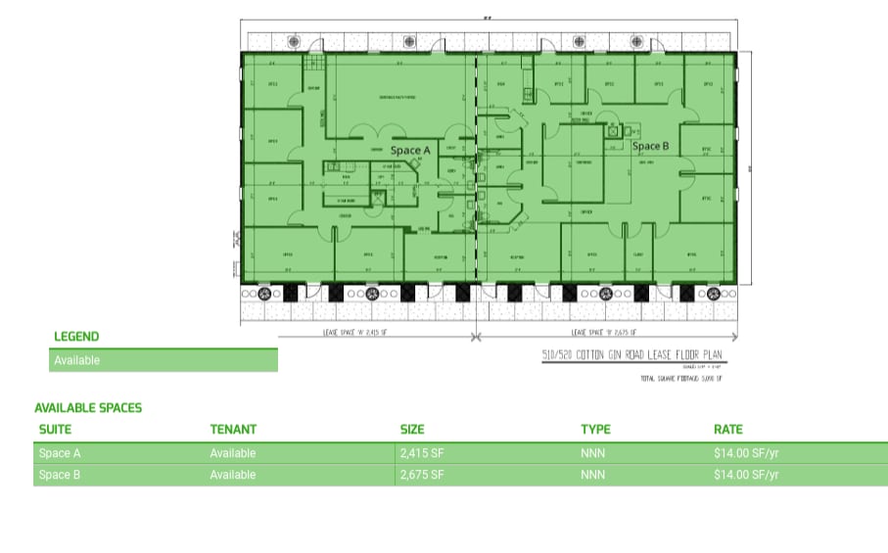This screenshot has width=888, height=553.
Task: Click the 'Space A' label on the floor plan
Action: pos(410,151)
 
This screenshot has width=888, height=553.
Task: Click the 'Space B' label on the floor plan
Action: pos(650,147)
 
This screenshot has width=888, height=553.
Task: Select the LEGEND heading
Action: pos(76,337)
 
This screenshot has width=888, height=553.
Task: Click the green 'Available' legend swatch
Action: pos(163,360)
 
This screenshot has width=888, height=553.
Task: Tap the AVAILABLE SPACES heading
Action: pos(88,408)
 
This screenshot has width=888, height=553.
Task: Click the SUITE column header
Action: pos(55,429)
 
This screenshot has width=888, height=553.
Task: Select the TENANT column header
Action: pos(233,429)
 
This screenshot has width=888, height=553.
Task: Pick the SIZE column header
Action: pos(413,429)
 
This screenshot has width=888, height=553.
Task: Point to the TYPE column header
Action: pos(595,429)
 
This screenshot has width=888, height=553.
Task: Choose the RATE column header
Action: pos(728,429)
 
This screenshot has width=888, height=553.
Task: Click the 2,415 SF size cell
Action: pos(422,453)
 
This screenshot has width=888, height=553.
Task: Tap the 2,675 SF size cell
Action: pos(422,475)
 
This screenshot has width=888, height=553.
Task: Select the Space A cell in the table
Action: pos(60,453)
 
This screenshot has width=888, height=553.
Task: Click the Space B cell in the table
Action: pos(60,475)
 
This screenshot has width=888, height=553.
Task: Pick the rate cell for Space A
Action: pos(746,453)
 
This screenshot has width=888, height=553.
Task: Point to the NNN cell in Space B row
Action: pos(592,475)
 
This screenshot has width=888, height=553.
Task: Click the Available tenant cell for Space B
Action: pos(233,475)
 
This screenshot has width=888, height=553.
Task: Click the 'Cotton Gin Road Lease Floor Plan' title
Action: pos(632,355)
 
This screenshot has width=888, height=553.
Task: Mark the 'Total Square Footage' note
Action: pos(680,378)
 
